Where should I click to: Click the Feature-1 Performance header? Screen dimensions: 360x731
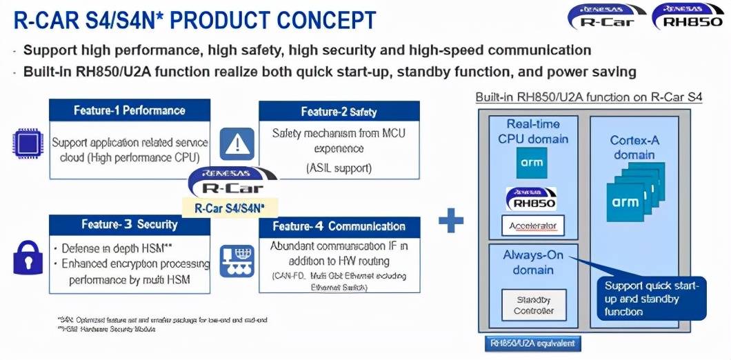(x=129, y=110)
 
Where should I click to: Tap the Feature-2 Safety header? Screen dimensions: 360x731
(x=339, y=112)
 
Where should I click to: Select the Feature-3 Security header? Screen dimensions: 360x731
(x=129, y=225)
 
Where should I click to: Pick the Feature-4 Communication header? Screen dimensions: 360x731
(x=339, y=226)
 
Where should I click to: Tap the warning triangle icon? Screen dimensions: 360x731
(x=237, y=143)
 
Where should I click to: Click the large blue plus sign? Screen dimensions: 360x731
(x=451, y=221)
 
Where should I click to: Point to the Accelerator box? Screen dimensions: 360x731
(x=532, y=226)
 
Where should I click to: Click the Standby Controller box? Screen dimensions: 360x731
(x=534, y=305)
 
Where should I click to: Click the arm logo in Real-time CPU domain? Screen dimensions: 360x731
(x=532, y=163)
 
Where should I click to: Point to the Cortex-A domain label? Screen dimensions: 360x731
(x=634, y=147)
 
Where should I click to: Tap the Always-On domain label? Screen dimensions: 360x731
(x=533, y=262)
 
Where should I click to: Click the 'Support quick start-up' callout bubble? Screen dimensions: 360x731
(x=651, y=298)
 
